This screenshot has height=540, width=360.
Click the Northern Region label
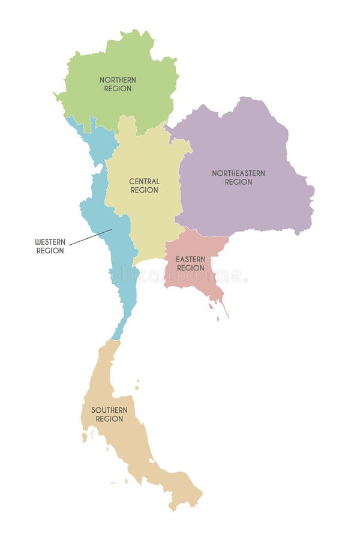point(118,84)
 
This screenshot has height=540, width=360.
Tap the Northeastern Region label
point(238,178)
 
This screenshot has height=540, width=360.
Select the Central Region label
point(145,185)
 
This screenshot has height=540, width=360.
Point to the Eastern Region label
point(190,264)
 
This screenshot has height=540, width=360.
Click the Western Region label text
point(50,247)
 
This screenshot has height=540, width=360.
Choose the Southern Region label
point(109,415)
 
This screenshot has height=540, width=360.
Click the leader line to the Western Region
point(90,238)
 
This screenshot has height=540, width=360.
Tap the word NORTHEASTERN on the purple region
point(238,173)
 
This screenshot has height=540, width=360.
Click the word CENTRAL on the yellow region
point(145,181)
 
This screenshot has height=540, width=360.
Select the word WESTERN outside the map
point(50,242)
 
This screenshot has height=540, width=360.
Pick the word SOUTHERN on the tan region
point(109,410)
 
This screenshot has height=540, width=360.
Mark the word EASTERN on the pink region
point(190,260)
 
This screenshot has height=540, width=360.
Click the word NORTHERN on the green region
point(118,80)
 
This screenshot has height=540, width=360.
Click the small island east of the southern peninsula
point(137,385)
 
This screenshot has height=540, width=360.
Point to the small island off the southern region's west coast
point(85,437)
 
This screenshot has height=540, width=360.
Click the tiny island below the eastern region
point(211,307)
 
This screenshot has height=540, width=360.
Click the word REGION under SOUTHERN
point(109,419)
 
